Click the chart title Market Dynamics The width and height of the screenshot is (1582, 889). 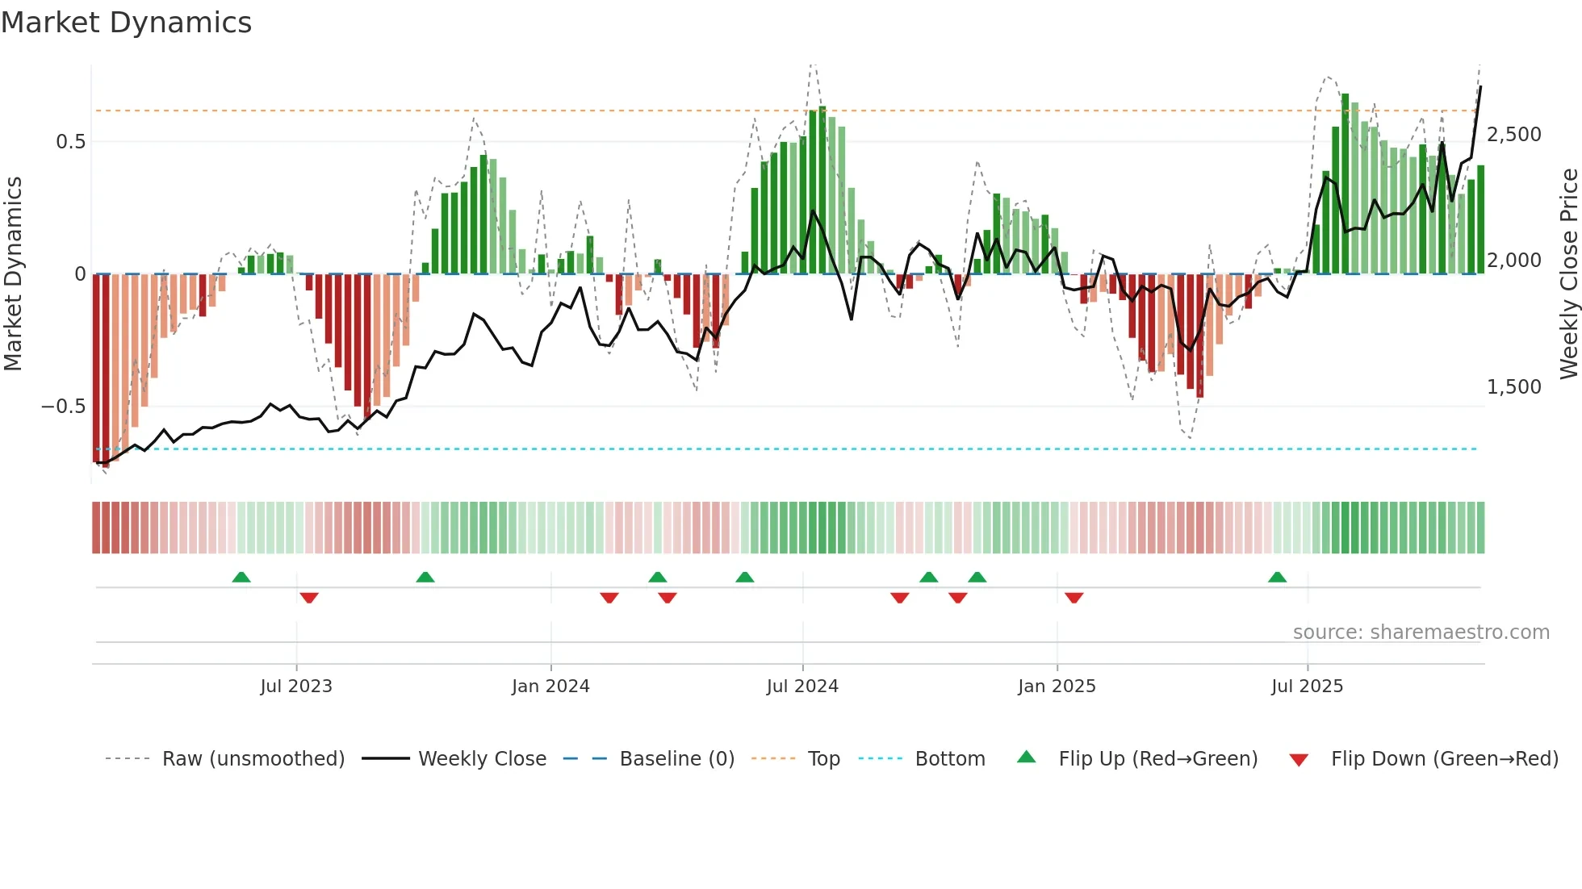coord(126,23)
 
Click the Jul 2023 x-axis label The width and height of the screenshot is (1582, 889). coord(296,687)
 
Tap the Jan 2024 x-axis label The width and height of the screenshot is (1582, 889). coord(550,687)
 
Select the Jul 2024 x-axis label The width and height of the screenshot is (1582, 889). coord(802,687)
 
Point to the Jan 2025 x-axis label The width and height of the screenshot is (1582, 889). coord(1057,687)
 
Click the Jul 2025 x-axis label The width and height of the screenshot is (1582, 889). coord(1307,687)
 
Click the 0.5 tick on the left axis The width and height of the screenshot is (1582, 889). coord(70,142)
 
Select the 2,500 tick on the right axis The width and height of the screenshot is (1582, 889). coord(1514,135)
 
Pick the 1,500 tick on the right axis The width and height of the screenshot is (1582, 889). coord(1514,387)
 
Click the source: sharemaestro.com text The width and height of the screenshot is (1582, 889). coord(1421,632)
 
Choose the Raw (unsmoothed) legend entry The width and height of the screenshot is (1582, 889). coord(253,759)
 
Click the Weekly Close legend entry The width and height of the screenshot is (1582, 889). coord(482,759)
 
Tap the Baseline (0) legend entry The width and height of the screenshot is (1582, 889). coord(676,759)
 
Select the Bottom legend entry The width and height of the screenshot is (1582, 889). coord(949,759)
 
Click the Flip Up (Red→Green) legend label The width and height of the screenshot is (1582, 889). coord(1157,759)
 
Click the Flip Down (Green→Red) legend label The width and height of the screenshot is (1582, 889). coord(1444,759)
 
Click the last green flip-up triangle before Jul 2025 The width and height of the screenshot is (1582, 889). coord(1277,578)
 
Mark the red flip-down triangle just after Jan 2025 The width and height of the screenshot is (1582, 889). coord(1073,598)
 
